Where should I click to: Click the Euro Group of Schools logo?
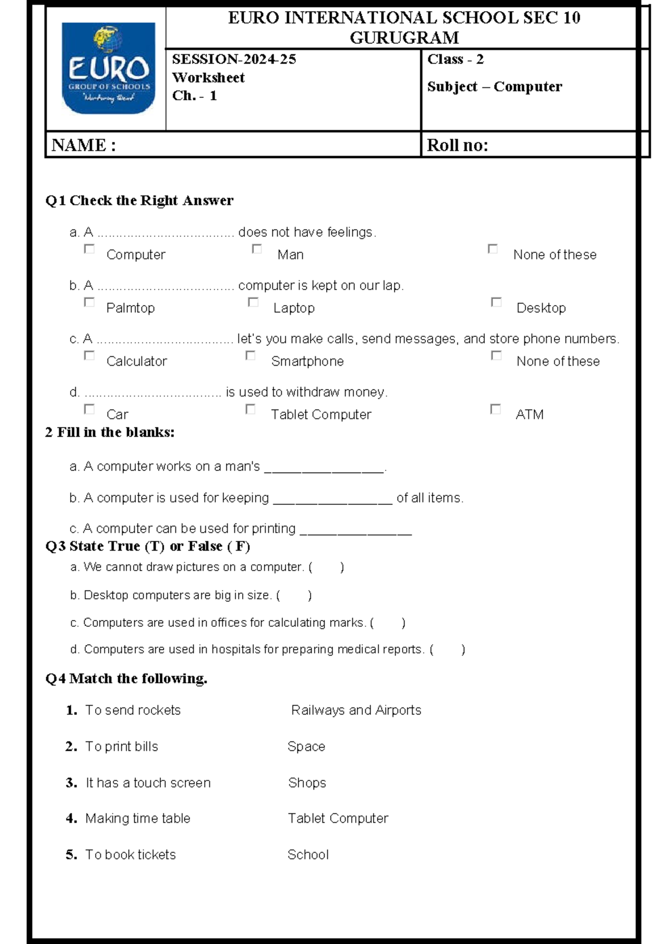(x=108, y=68)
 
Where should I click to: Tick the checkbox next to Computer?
(x=89, y=249)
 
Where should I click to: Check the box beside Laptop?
(x=253, y=302)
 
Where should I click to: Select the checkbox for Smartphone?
(x=250, y=356)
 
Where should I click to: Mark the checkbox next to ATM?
(x=495, y=409)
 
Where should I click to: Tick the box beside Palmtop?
(x=89, y=302)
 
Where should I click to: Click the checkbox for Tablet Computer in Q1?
(x=250, y=409)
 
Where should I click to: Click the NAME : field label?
(x=83, y=145)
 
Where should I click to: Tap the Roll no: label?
(x=457, y=145)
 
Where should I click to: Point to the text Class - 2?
(x=455, y=60)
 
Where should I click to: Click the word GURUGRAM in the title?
(x=404, y=38)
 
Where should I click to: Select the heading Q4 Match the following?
(x=126, y=678)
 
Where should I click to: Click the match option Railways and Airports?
(x=356, y=710)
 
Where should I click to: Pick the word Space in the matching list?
(x=306, y=746)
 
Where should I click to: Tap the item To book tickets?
(x=130, y=854)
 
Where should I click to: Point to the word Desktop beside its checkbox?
(x=541, y=308)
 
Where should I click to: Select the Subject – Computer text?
(x=494, y=87)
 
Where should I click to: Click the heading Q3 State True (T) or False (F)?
(x=148, y=546)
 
